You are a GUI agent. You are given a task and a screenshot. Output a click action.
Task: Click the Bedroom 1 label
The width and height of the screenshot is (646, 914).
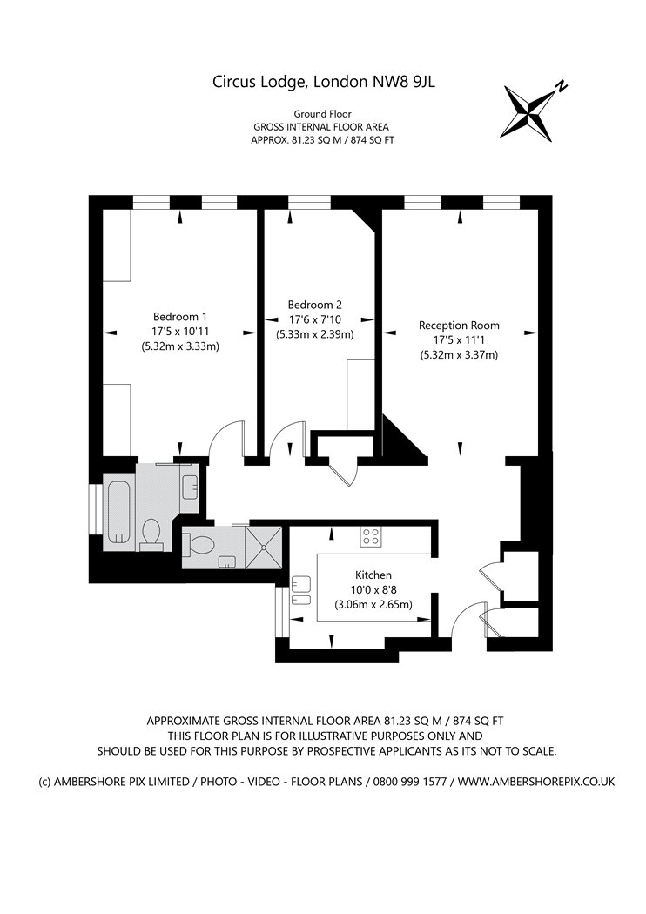(179, 317)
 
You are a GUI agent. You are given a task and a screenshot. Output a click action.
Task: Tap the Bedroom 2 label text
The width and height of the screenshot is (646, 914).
(315, 305)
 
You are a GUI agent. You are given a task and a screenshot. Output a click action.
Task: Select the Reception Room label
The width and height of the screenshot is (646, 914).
(459, 326)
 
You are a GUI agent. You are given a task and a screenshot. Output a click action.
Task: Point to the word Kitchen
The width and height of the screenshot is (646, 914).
(373, 575)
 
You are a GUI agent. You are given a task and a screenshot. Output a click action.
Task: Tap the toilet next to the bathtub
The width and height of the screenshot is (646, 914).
(152, 534)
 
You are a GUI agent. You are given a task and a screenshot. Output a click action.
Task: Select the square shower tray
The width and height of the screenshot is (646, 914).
(264, 546)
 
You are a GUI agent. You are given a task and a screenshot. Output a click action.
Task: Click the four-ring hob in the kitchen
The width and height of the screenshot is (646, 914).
(370, 536)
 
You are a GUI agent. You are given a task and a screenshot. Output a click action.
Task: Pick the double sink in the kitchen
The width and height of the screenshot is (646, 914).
(300, 591)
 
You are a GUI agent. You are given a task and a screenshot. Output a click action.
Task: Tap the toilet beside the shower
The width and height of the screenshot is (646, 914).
(199, 545)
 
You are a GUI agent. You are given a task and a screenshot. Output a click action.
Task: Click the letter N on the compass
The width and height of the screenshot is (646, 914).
(562, 86)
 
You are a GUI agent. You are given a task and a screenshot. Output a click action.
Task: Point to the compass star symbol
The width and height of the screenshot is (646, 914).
(528, 112)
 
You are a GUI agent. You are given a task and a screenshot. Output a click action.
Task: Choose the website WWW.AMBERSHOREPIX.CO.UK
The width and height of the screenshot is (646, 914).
(535, 782)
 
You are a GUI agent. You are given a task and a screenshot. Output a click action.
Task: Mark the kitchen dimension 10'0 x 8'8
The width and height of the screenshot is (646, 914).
(373, 590)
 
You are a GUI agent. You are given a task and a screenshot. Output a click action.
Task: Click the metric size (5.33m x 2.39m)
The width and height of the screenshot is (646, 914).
(315, 334)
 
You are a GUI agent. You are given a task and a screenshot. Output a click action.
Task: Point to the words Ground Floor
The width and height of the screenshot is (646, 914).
(322, 114)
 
